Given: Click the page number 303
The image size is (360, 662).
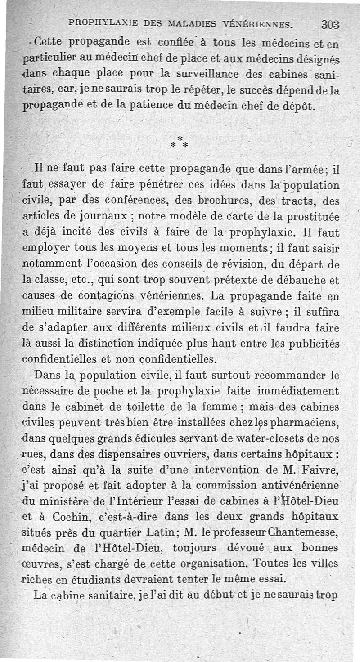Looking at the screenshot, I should coord(330,25).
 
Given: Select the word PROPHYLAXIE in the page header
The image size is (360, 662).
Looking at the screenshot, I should coord(99,22).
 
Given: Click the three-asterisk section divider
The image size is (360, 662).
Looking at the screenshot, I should coord(179,142).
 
